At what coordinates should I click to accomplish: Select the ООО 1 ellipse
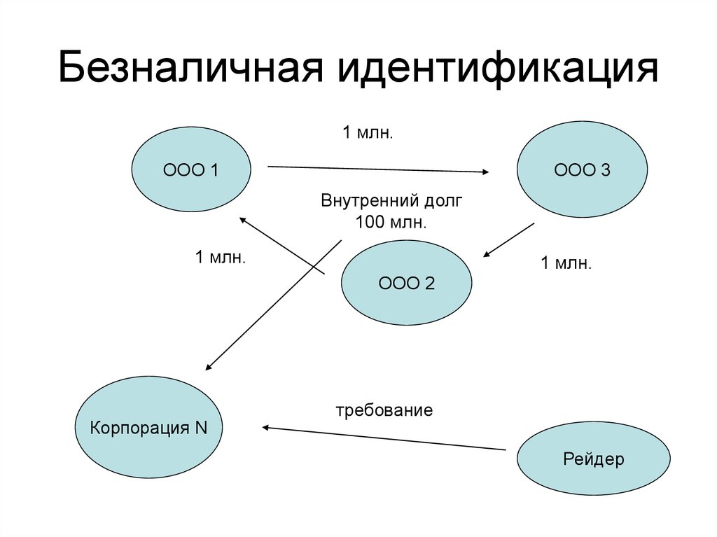(191, 169)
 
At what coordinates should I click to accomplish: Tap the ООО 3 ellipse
(582, 169)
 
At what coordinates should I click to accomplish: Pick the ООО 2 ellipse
(406, 284)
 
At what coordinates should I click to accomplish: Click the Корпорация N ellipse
(148, 428)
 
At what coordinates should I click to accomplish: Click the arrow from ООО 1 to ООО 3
(378, 169)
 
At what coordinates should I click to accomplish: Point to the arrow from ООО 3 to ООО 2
(509, 240)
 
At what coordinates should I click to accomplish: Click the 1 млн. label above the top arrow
(367, 132)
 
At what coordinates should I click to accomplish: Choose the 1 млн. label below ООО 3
(565, 264)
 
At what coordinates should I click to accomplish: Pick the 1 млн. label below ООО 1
(220, 258)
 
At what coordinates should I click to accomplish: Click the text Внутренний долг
(391, 202)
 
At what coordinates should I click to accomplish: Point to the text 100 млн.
(391, 223)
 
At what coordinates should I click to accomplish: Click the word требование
(384, 410)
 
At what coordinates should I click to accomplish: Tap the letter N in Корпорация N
(200, 428)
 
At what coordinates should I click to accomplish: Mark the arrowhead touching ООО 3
(485, 172)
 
